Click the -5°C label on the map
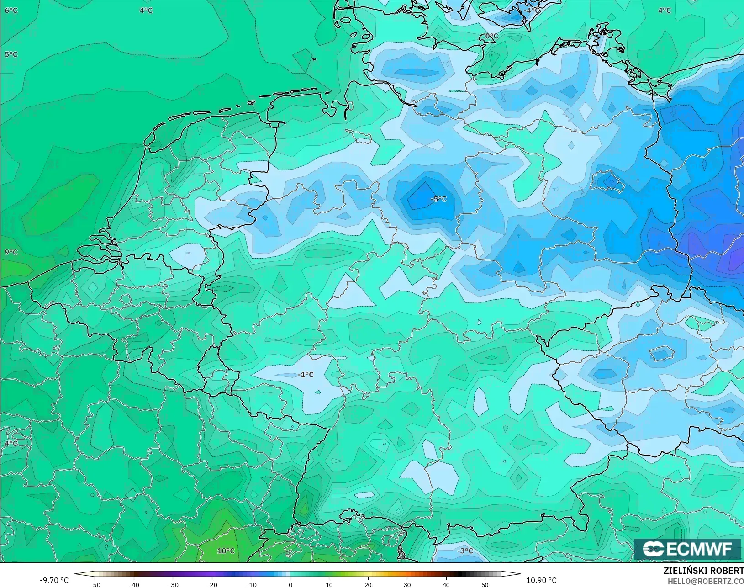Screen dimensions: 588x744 click(x=438, y=199)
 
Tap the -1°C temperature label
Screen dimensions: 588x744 click(x=306, y=375)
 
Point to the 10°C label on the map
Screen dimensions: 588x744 click(x=226, y=551)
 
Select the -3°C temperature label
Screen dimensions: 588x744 click(x=465, y=551)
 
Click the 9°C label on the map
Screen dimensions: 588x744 click(x=11, y=252)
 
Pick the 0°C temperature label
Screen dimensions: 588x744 click(x=491, y=36)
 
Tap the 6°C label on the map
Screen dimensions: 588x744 click(x=11, y=10)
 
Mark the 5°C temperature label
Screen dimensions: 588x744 click(x=11, y=54)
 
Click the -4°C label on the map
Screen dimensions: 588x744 click(x=532, y=10)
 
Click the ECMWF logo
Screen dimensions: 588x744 click(x=687, y=549)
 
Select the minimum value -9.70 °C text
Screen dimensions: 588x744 click(x=54, y=580)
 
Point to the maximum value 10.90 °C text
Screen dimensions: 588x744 click(x=541, y=580)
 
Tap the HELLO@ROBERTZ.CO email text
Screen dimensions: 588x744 click(x=706, y=581)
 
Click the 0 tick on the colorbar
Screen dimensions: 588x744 click(x=290, y=584)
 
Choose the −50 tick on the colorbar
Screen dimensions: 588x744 click(x=95, y=584)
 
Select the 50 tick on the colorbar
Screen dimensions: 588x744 click(x=485, y=584)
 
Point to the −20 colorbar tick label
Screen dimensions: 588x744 click(x=212, y=584)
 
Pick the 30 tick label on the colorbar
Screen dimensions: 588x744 click(x=407, y=584)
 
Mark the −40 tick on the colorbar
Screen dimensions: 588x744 click(x=134, y=584)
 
